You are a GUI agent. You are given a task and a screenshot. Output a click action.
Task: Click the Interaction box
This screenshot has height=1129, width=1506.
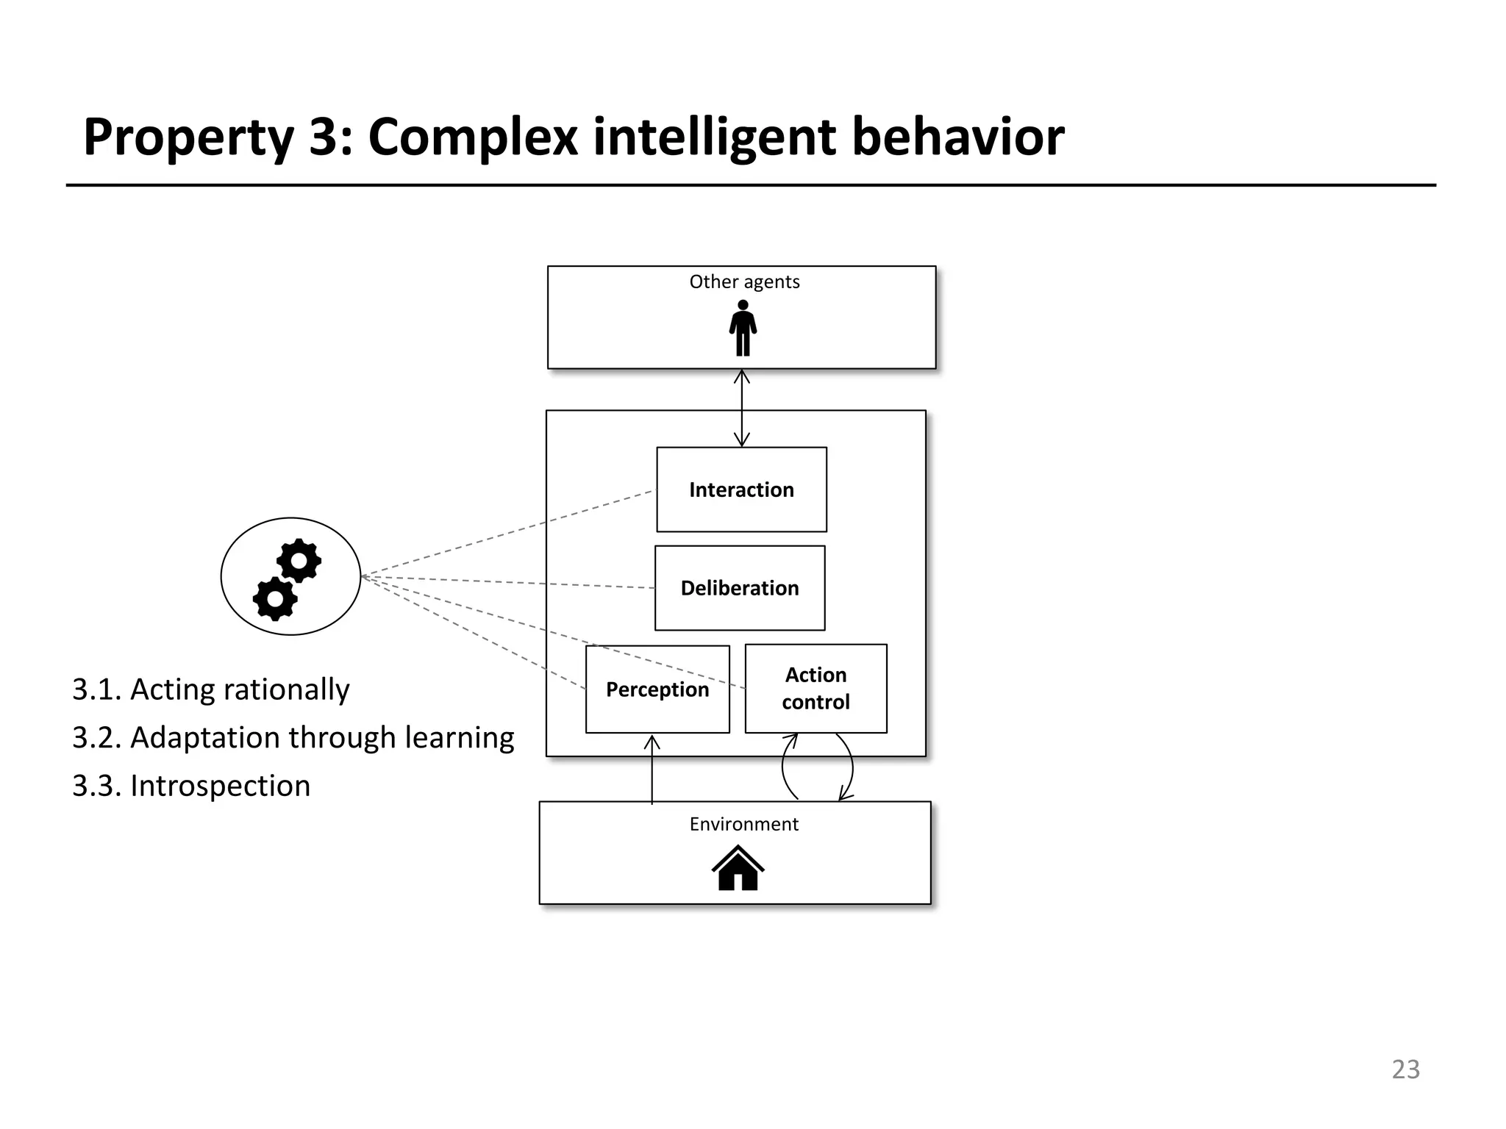[741, 490]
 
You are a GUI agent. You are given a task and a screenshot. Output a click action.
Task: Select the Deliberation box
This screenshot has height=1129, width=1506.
[740, 588]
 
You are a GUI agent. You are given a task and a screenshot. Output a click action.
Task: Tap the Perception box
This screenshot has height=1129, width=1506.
[657, 689]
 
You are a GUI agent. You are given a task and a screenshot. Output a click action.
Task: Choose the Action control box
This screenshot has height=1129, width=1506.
[816, 689]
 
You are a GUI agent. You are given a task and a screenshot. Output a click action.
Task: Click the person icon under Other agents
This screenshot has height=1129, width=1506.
[743, 329]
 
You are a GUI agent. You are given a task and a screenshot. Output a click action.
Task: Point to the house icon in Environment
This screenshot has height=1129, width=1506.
[738, 868]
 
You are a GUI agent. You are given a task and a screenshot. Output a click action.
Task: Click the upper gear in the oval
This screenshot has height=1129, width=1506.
[299, 562]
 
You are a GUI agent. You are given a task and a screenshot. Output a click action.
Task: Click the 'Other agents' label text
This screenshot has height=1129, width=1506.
[744, 282]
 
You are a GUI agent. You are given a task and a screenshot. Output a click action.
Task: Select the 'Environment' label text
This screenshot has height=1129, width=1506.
[743, 824]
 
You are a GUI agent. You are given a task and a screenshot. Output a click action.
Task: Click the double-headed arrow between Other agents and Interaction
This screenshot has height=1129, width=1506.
[742, 408]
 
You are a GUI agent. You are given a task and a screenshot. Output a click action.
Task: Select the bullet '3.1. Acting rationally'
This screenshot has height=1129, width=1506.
[211, 689]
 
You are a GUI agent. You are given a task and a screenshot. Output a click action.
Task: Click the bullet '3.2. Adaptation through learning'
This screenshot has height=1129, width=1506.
[293, 737]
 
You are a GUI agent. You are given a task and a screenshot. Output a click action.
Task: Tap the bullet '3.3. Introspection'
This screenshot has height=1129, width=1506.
[191, 786]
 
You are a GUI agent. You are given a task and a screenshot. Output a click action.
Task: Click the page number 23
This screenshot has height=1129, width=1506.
[1405, 1069]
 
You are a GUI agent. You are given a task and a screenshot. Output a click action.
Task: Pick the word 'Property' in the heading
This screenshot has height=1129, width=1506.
[188, 138]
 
